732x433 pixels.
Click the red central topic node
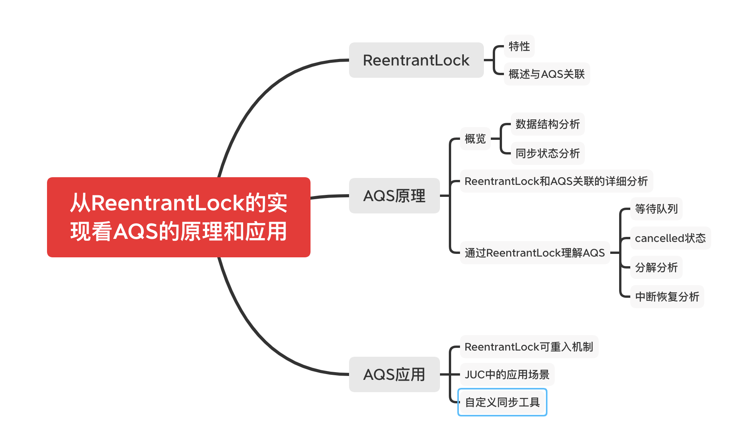[178, 217]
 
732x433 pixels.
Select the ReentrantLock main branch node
[416, 60]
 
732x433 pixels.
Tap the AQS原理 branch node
[394, 196]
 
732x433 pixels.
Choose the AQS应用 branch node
[394, 374]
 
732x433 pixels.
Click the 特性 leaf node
[519, 46]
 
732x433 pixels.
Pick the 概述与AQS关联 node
[546, 74]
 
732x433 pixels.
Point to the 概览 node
[475, 139]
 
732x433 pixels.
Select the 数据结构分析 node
[547, 124]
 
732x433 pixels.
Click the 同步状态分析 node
[547, 153]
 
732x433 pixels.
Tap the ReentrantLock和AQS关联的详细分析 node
[556, 181]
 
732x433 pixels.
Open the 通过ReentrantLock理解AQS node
[534, 253]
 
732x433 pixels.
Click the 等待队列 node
[656, 209]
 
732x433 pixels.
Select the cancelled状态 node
[670, 238]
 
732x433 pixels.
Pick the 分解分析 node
[656, 267]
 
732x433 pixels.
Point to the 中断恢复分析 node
[667, 297]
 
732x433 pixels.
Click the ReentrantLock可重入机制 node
[529, 347]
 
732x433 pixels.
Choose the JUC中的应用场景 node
[507, 374]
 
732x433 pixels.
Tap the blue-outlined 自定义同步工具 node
[502, 402]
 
